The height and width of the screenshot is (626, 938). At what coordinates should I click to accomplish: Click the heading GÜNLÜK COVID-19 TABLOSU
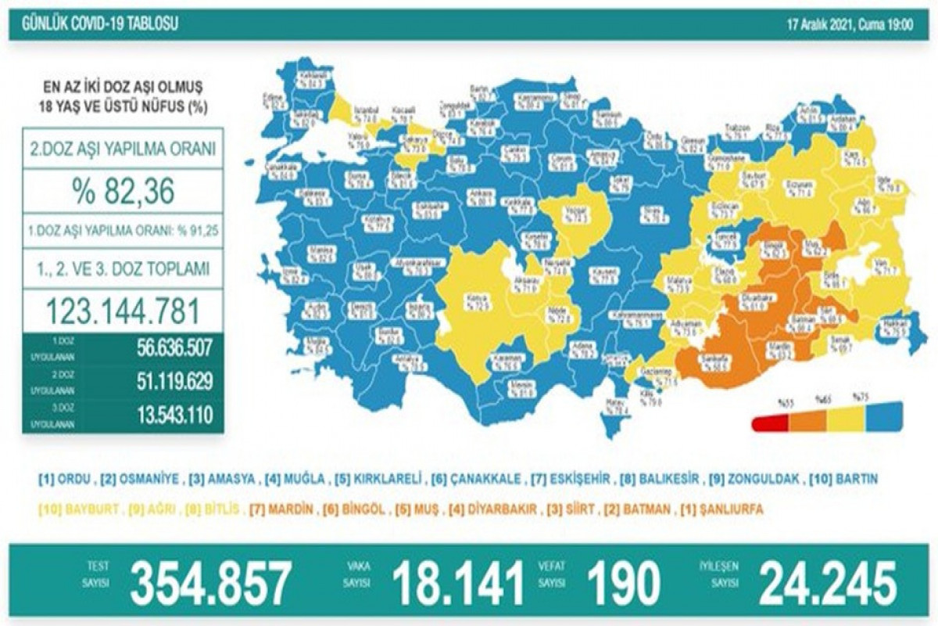click(94, 24)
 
